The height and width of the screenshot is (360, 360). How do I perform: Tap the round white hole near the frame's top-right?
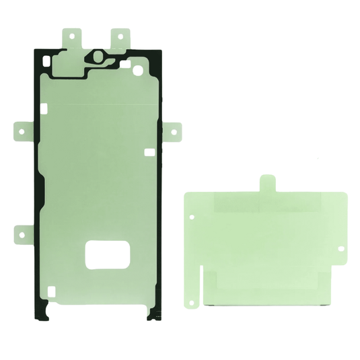[x=139, y=69]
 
